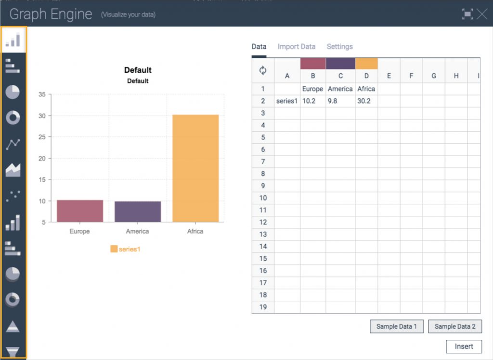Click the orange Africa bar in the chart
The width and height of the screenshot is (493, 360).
coord(195,168)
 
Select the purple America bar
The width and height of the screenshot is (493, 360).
coord(138,212)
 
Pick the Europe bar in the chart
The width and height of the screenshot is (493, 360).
coord(80,211)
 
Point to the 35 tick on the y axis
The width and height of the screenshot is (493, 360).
coord(42,94)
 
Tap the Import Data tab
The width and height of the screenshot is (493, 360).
coord(296,47)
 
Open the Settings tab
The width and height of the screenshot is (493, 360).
coord(339,47)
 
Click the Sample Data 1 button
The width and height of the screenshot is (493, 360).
coord(396,326)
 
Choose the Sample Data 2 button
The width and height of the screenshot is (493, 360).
coord(454,326)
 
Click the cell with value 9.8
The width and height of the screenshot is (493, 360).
coord(340,101)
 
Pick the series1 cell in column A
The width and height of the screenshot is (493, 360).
coord(287,101)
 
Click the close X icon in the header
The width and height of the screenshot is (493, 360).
coord(482,14)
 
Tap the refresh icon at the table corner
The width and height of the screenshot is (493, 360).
coord(263,70)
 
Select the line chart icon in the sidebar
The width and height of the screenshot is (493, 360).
coord(13,144)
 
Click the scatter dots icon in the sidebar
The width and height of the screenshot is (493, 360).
coord(13,195)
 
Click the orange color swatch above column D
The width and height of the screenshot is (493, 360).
coord(366,64)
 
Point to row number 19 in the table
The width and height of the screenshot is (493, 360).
coord(263,307)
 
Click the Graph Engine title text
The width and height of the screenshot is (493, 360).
coord(51,14)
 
